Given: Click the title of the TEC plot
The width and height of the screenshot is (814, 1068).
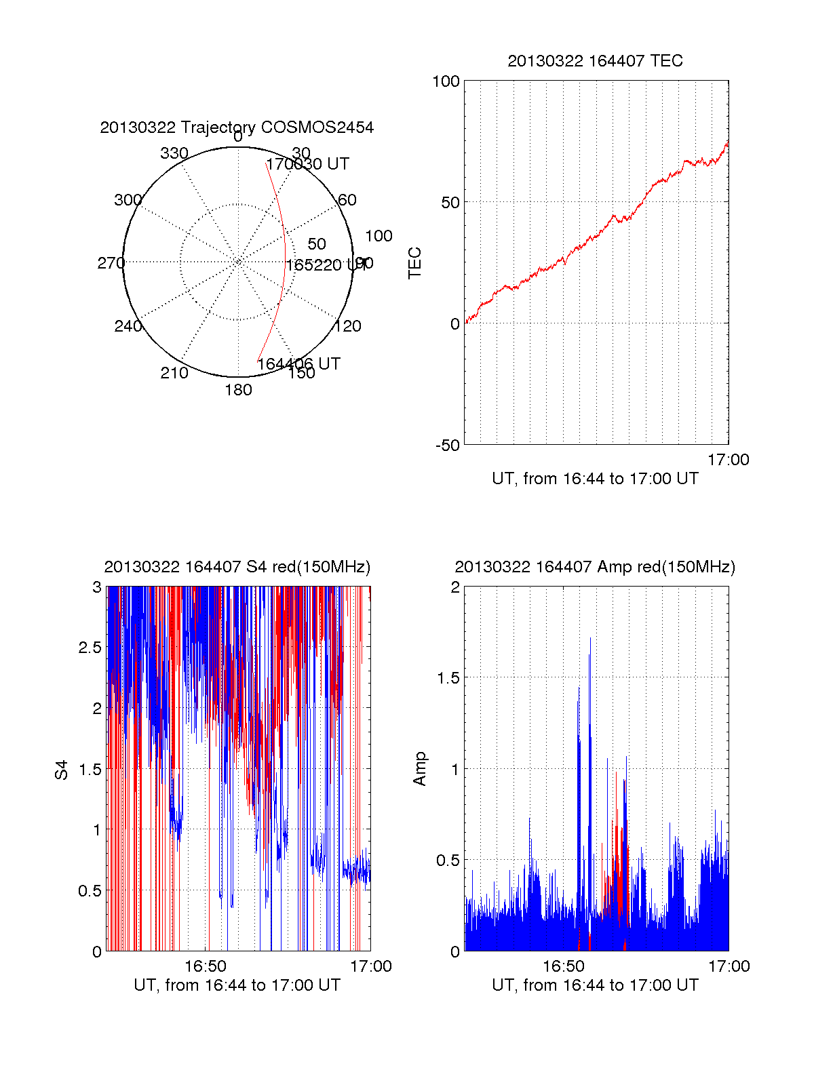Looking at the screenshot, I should tap(595, 61).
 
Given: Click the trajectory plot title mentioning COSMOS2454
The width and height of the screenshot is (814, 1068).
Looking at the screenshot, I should tap(237, 127).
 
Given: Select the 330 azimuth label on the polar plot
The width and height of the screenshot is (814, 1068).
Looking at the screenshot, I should tap(174, 153).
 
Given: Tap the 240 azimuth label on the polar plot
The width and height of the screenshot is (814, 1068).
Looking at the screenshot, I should tap(128, 326).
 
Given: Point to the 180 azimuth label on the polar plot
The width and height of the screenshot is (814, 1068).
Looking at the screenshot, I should tap(238, 390).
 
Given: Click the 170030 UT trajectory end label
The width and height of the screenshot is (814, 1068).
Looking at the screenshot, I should tap(307, 164).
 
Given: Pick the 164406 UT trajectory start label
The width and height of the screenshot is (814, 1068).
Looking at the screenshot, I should tap(298, 364).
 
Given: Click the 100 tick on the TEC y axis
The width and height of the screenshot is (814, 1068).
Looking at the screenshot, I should tap(446, 82).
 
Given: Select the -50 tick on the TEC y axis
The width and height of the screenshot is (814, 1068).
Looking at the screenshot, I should tap(448, 446).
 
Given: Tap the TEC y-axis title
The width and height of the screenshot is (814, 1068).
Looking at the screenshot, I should tap(415, 262).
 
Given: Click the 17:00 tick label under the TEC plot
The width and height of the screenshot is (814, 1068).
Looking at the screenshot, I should tap(728, 460).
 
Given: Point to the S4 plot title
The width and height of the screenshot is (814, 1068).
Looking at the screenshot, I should tap(237, 568).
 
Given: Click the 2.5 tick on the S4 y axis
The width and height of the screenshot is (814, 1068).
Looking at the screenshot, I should tap(90, 648).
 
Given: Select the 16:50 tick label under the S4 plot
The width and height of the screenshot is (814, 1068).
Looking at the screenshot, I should tap(206, 966).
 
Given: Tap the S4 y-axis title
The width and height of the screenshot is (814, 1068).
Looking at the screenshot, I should tap(62, 770).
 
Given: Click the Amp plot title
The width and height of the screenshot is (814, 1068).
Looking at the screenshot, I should tap(595, 568).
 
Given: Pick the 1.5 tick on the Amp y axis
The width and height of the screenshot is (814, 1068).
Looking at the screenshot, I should tap(446, 678).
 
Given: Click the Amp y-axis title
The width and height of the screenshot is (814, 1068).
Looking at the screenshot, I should tap(420, 769).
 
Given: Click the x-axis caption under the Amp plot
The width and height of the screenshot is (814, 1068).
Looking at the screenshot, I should tap(595, 985).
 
